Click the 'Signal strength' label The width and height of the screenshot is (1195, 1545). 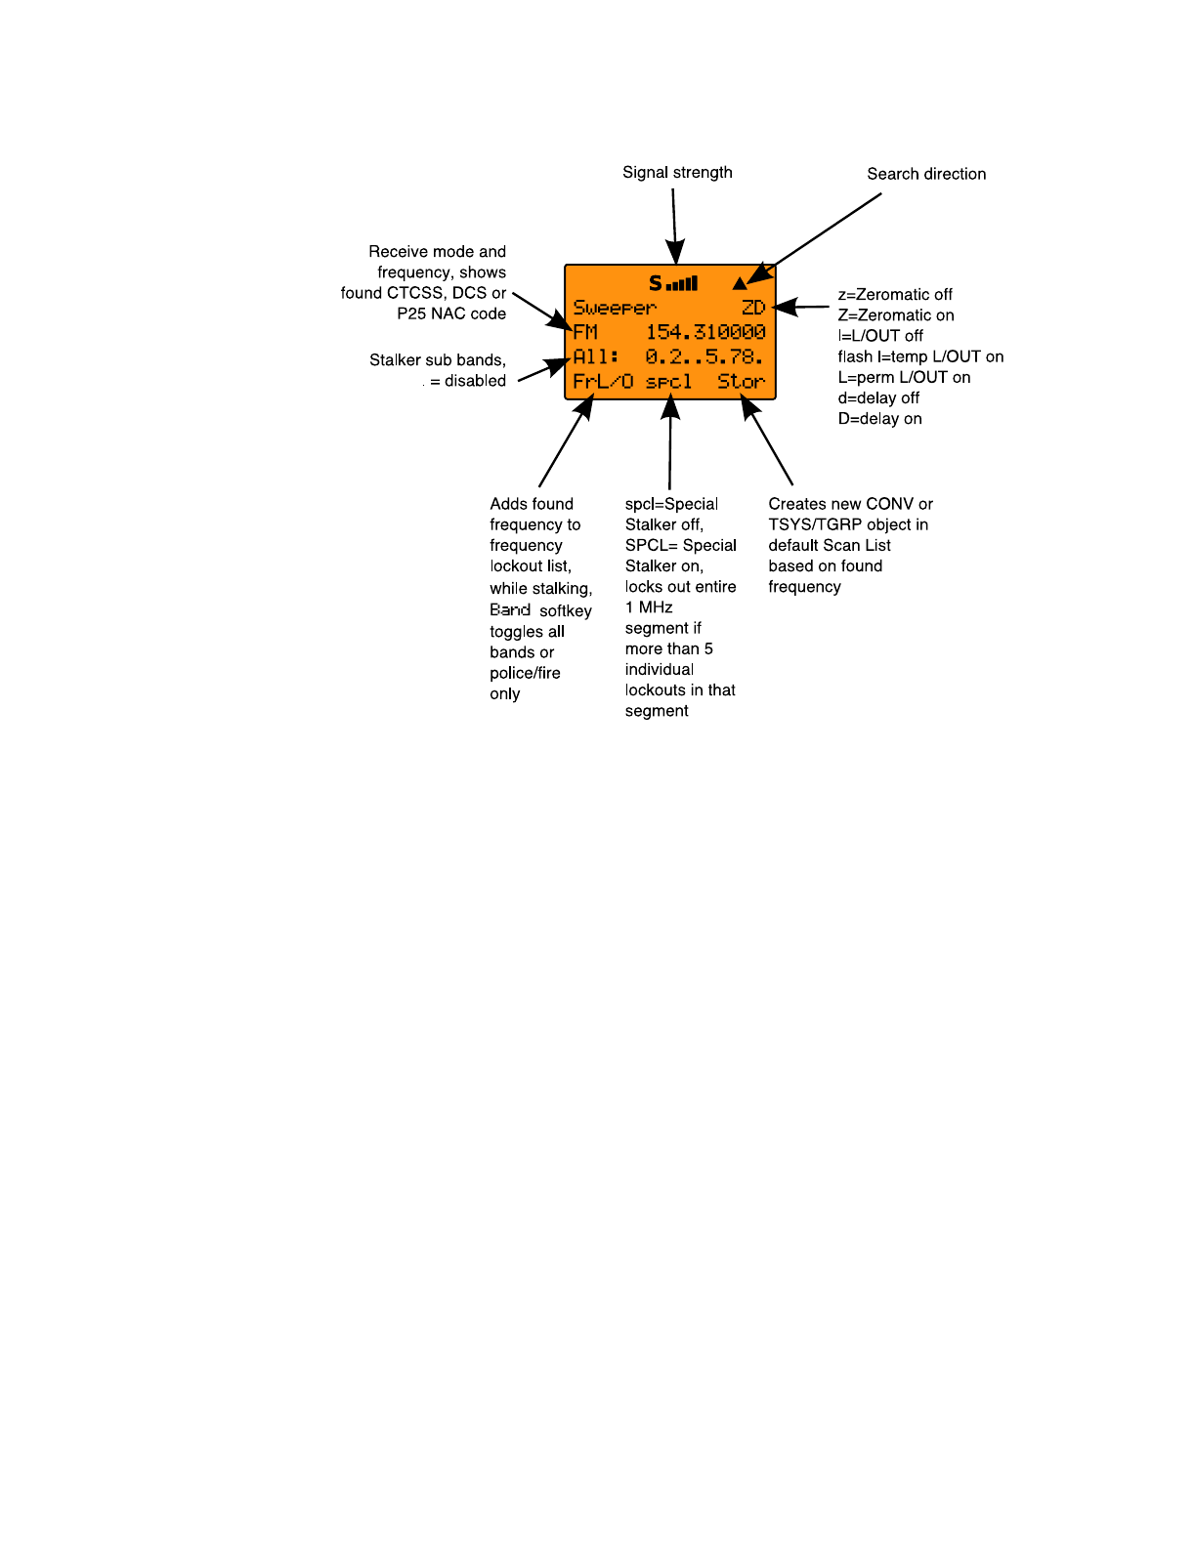pyautogui.click(x=677, y=173)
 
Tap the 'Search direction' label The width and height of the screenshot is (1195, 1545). pyautogui.click(x=926, y=174)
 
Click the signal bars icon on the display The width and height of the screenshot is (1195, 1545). pyautogui.click(x=682, y=284)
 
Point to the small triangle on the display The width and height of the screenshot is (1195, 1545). pyautogui.click(x=740, y=284)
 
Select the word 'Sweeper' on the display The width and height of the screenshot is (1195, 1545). pyautogui.click(x=615, y=309)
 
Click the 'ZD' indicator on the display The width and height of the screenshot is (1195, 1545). pyautogui.click(x=753, y=309)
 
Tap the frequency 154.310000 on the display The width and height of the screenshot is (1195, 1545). pyautogui.click(x=705, y=333)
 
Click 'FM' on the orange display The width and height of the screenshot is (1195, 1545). pyautogui.click(x=585, y=333)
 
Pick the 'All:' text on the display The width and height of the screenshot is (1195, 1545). pyautogui.click(x=596, y=357)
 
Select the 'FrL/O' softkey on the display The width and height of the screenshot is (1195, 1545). pyautogui.click(x=603, y=382)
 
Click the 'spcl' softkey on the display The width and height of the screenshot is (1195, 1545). pyautogui.click(x=669, y=382)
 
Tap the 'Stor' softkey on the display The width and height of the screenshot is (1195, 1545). pyautogui.click(x=742, y=382)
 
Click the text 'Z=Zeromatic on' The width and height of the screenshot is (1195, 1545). pyautogui.click(x=895, y=315)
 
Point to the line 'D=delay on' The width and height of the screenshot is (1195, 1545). pyautogui.click(x=879, y=419)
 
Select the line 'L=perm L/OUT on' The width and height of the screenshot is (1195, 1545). pyautogui.click(x=904, y=378)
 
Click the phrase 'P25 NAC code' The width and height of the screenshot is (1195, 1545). pyautogui.click(x=451, y=313)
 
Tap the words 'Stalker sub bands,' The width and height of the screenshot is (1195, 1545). pyautogui.click(x=438, y=360)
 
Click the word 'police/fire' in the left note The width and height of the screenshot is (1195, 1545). pyautogui.click(x=525, y=674)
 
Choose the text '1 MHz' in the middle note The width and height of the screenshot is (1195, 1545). pyautogui.click(x=649, y=607)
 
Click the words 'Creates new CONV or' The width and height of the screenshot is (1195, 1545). pyautogui.click(x=850, y=504)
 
